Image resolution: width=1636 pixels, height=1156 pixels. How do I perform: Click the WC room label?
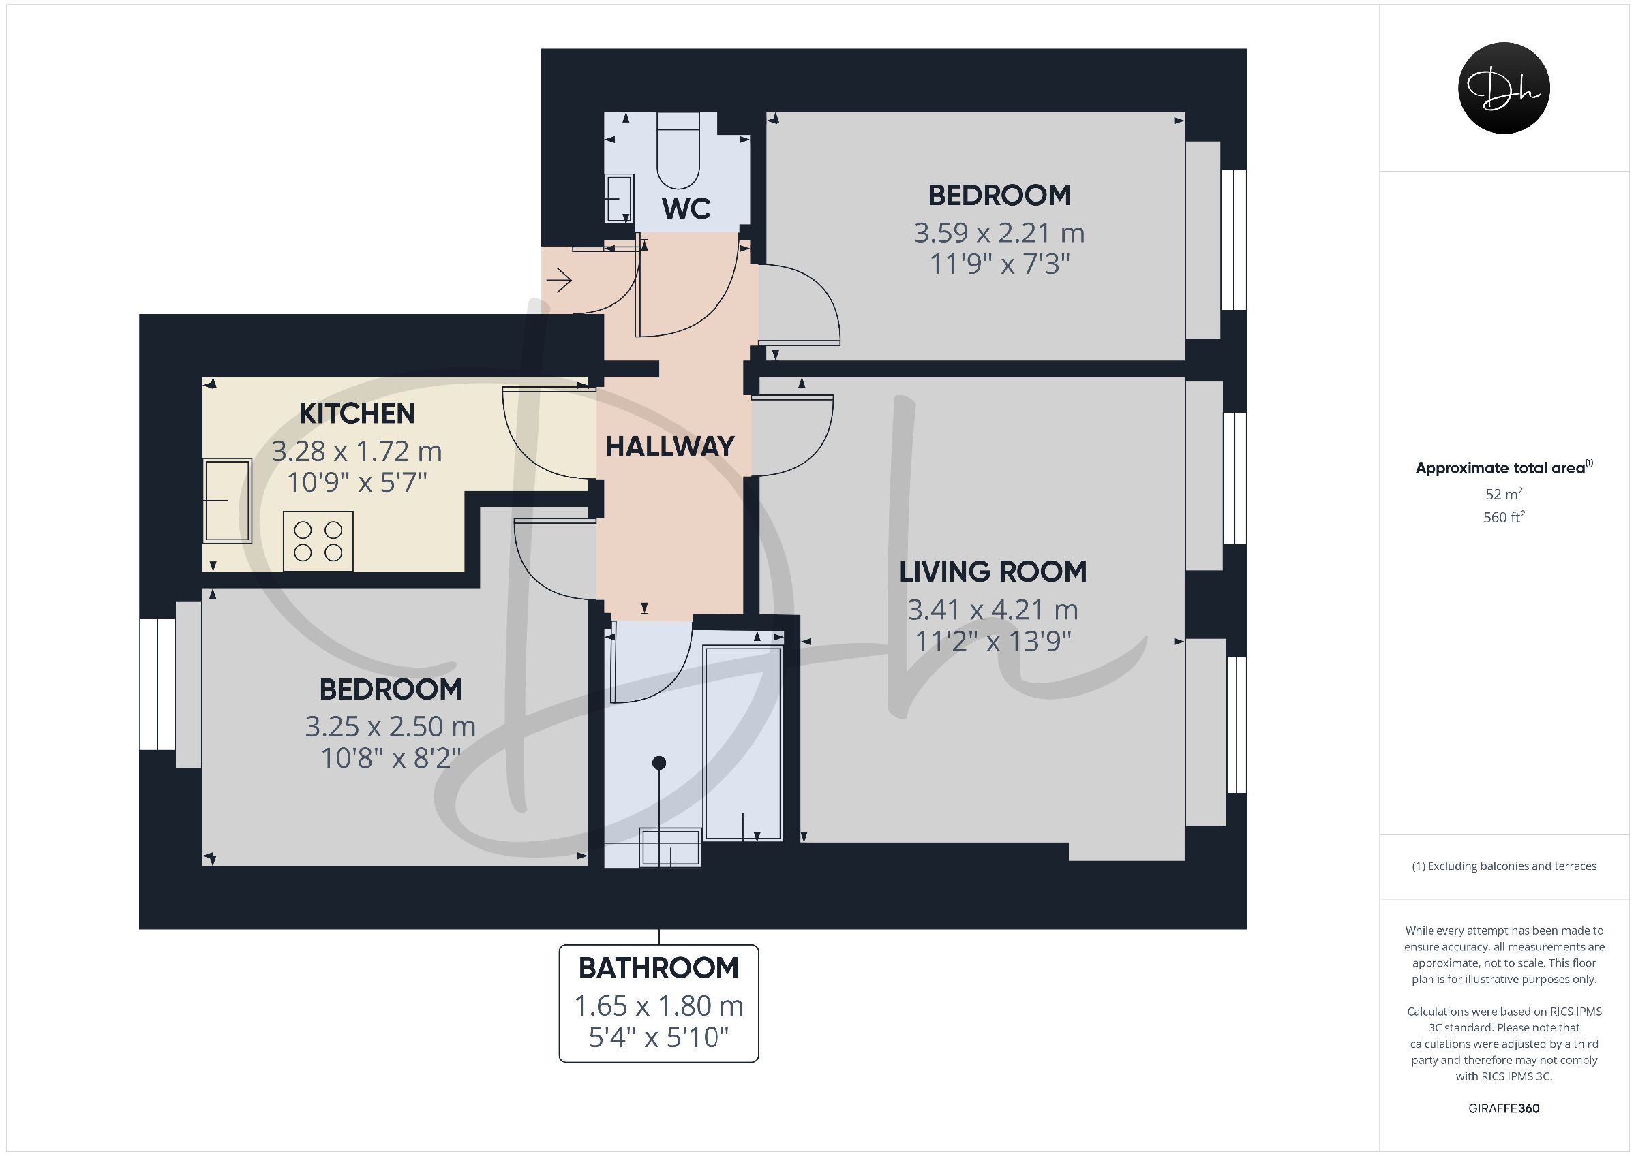click(x=686, y=208)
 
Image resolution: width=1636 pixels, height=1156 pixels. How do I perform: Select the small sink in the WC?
click(x=619, y=199)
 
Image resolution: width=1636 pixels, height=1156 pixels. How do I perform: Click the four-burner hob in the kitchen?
click(x=318, y=542)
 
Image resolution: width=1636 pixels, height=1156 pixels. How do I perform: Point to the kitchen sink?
click(x=227, y=501)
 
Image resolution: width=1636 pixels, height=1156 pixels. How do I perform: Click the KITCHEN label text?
click(x=357, y=413)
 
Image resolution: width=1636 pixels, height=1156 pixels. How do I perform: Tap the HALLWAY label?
click(x=670, y=447)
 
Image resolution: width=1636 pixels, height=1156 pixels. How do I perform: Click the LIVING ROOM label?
click(x=993, y=572)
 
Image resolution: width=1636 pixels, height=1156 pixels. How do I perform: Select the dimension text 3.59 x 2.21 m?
click(x=999, y=233)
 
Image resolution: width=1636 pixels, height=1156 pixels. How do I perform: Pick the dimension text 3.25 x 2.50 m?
click(x=391, y=727)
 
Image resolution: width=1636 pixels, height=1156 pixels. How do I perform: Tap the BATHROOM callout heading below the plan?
click(x=658, y=968)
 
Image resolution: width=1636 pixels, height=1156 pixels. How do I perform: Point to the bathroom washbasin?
click(x=670, y=847)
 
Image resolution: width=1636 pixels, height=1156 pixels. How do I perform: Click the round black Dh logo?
click(x=1504, y=89)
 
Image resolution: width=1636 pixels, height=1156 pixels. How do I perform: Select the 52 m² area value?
click(x=1504, y=494)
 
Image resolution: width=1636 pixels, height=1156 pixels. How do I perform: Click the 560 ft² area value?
click(x=1504, y=518)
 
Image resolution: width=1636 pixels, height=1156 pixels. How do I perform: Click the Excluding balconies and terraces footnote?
click(x=1504, y=866)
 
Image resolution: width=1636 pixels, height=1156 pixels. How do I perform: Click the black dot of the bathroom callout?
click(x=659, y=763)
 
